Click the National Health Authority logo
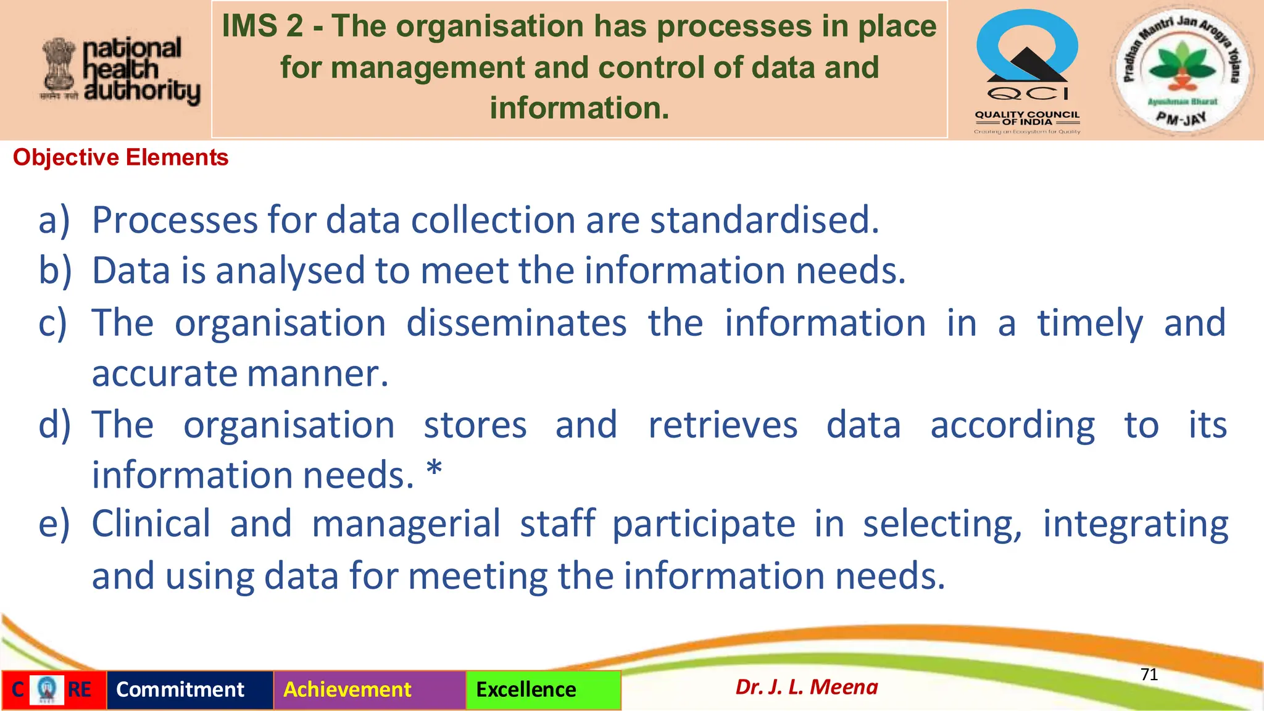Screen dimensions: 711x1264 point(120,70)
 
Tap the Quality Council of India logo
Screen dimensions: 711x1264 point(1027,71)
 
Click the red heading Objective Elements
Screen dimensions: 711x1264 point(121,158)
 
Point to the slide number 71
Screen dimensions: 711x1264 point(1149,675)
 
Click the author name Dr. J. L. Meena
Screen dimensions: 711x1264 point(807,688)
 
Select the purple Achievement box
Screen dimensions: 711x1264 point(369,690)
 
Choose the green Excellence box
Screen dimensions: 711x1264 point(543,690)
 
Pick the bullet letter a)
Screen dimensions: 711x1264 point(54,220)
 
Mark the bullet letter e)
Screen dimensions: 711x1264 point(54,524)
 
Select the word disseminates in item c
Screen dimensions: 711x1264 point(516,323)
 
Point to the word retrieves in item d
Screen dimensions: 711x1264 point(723,425)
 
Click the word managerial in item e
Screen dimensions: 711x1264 point(406,524)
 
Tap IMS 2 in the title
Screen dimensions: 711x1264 point(262,27)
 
